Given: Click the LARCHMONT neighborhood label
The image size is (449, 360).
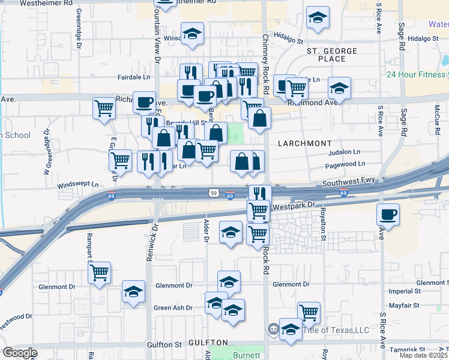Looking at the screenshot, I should click(304, 144).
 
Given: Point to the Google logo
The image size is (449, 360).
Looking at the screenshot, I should click(20, 353).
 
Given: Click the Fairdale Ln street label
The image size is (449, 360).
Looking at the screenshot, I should click(134, 77).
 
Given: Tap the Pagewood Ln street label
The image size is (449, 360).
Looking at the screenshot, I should click(345, 164).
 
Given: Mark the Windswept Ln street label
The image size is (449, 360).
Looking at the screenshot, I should click(77, 185).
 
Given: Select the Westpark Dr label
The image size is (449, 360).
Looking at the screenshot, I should click(294, 205).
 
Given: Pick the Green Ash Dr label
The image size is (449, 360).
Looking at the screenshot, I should click(173, 308).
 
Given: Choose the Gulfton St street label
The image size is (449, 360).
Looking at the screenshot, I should click(165, 345).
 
